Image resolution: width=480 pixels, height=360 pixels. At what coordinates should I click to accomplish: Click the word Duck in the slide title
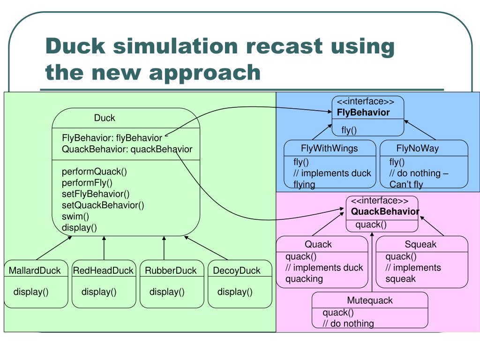point(75,46)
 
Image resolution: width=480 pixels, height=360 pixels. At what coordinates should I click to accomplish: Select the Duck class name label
point(105,118)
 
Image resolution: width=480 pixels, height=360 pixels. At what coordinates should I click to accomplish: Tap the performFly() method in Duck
point(87,183)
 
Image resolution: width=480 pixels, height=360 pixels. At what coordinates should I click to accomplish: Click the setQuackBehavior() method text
point(103,205)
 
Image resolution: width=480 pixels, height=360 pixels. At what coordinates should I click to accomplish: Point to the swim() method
point(75,217)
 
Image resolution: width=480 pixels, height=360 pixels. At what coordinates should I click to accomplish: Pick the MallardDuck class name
point(35,270)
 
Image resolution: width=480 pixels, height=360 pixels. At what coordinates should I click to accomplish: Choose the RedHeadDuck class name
point(103,270)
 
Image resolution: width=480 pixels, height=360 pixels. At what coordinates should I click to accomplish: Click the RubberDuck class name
point(171,270)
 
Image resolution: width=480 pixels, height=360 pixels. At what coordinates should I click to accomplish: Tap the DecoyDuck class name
point(237,270)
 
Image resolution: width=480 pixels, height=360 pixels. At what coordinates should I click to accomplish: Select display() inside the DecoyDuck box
point(235,292)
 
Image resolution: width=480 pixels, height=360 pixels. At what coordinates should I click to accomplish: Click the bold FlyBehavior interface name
point(363,112)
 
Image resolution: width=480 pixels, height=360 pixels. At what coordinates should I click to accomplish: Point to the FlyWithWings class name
point(330,149)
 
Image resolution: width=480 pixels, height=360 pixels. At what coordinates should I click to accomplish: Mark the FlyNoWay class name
point(418,149)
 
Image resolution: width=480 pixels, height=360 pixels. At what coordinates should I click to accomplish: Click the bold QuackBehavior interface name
point(385,211)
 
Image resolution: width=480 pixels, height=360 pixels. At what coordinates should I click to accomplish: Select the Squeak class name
point(420,244)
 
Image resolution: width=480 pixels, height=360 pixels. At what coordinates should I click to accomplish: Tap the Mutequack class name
point(370,300)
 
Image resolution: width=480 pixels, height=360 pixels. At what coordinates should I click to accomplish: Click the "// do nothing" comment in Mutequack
point(348,323)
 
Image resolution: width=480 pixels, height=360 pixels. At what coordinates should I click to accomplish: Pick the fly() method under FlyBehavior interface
point(349,130)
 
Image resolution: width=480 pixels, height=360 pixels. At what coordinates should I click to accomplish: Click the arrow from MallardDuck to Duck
point(54,248)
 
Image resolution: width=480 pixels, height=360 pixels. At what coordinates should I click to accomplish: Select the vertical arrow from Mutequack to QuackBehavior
point(372,262)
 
